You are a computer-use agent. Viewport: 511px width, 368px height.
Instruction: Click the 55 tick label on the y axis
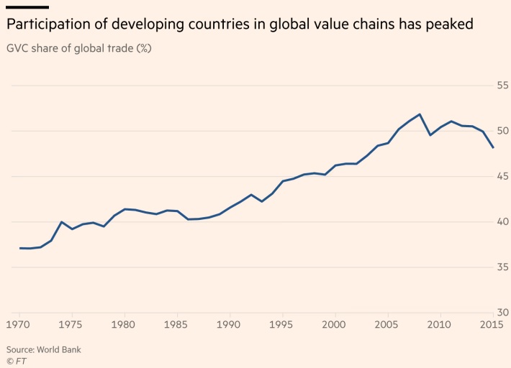[502, 86]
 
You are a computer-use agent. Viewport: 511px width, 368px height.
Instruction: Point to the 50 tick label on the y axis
[502, 131]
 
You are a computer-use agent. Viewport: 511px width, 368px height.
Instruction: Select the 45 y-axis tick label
[502, 176]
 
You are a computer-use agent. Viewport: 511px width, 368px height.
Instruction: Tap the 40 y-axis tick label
[502, 221]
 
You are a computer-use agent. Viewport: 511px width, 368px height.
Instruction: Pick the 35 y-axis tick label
[502, 267]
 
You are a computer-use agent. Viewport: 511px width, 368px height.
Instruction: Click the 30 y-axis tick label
[502, 312]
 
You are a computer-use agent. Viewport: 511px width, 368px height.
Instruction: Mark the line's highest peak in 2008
[420, 114]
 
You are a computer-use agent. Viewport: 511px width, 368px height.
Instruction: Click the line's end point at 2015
[493, 147]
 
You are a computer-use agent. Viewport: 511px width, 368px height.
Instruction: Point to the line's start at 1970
[20, 248]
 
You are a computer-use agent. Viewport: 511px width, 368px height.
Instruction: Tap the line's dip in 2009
[430, 135]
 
